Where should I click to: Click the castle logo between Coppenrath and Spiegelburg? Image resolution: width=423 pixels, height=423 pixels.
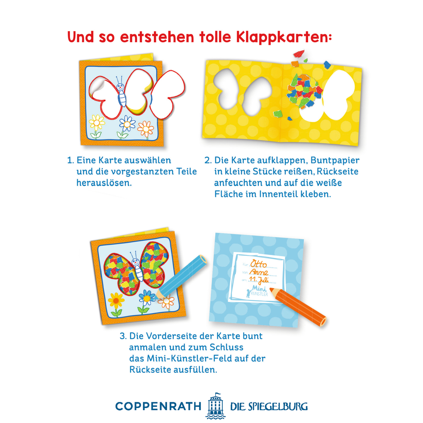click(214, 406)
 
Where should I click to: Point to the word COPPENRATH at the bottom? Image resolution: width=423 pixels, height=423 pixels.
click(158, 406)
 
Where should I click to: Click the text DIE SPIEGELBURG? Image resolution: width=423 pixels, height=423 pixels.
click(269, 406)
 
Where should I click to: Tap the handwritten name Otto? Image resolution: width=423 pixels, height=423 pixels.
click(259, 264)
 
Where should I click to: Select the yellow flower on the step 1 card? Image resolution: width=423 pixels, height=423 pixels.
click(97, 123)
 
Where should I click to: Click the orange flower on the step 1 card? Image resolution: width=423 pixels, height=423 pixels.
click(146, 129)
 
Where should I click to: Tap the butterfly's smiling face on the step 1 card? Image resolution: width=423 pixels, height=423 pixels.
click(120, 87)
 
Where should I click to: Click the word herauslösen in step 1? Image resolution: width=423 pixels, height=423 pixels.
click(104, 182)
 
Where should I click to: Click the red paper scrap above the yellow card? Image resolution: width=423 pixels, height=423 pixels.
click(299, 53)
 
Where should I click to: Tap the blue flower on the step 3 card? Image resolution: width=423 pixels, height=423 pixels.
click(146, 298)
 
